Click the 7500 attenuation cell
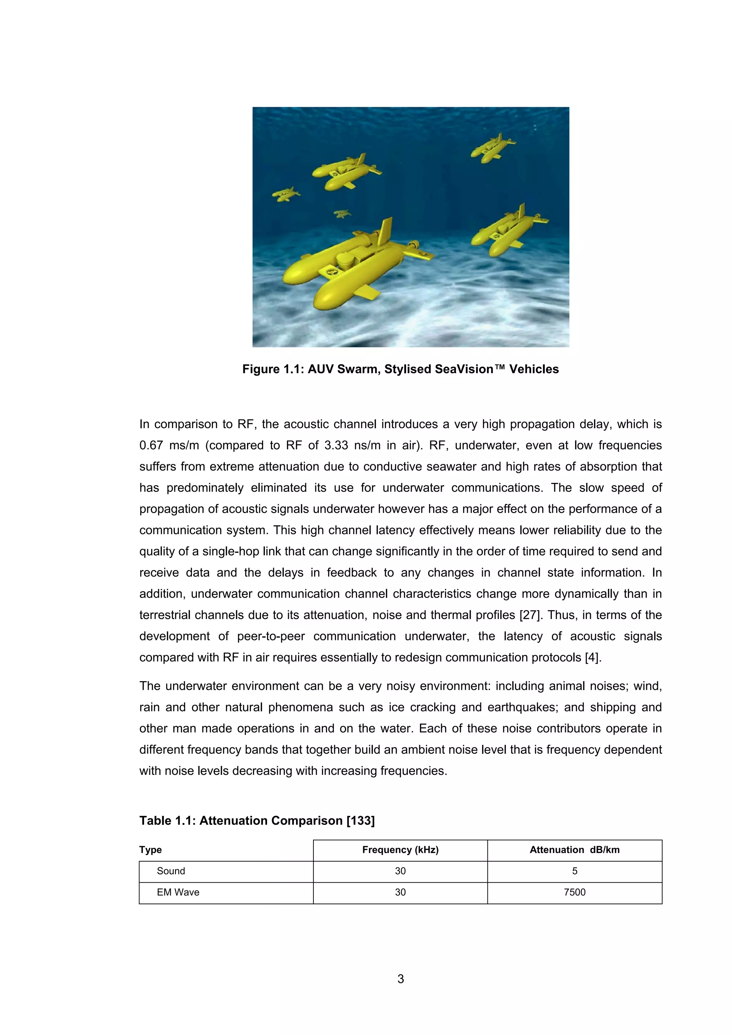[x=574, y=892]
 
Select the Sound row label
[x=171, y=871]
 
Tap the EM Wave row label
[x=178, y=892]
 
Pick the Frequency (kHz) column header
[x=400, y=850]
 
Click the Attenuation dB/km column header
[x=574, y=850]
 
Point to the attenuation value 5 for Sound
[x=574, y=871]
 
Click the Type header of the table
[x=150, y=850]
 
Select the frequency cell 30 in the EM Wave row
[x=400, y=892]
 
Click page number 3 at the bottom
[x=401, y=991]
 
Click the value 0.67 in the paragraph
[x=151, y=445]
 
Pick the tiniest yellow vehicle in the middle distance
[x=342, y=213]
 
